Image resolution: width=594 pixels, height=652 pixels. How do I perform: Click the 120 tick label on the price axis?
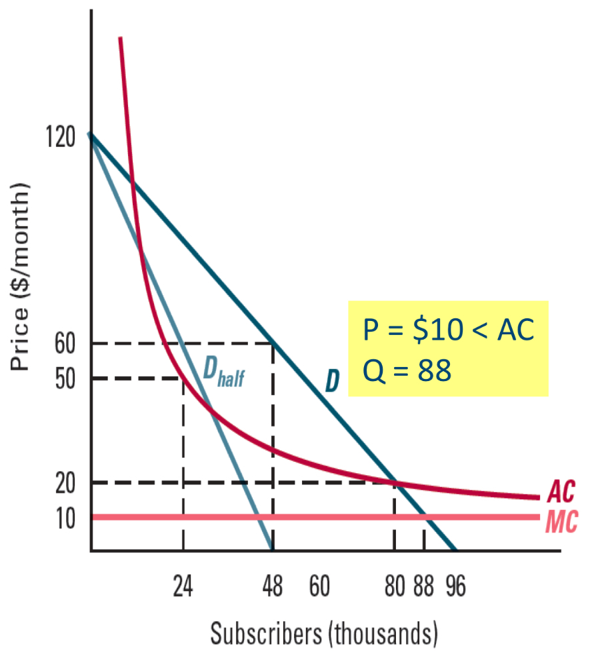tap(61, 138)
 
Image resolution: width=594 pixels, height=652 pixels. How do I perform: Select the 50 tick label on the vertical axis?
tap(67, 378)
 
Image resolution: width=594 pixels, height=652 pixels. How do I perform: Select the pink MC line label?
tap(561, 521)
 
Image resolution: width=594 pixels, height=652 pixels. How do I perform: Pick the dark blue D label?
tap(332, 380)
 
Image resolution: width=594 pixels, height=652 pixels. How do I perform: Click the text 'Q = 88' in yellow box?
tap(406, 370)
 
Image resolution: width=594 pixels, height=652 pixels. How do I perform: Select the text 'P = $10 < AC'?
tap(448, 329)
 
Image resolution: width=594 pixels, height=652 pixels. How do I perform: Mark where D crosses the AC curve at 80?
tap(394, 482)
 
